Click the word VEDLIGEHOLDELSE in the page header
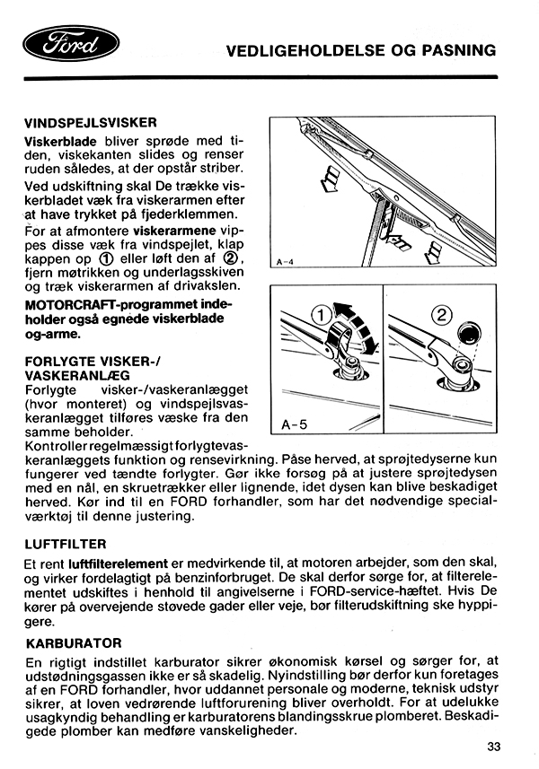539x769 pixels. [x=307, y=49]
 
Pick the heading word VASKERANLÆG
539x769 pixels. [x=77, y=375]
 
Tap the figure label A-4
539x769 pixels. [x=286, y=262]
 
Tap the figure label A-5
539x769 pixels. [x=295, y=423]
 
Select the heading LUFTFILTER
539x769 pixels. [x=66, y=544]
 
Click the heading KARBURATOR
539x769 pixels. [x=74, y=643]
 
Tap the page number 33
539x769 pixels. [x=494, y=746]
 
